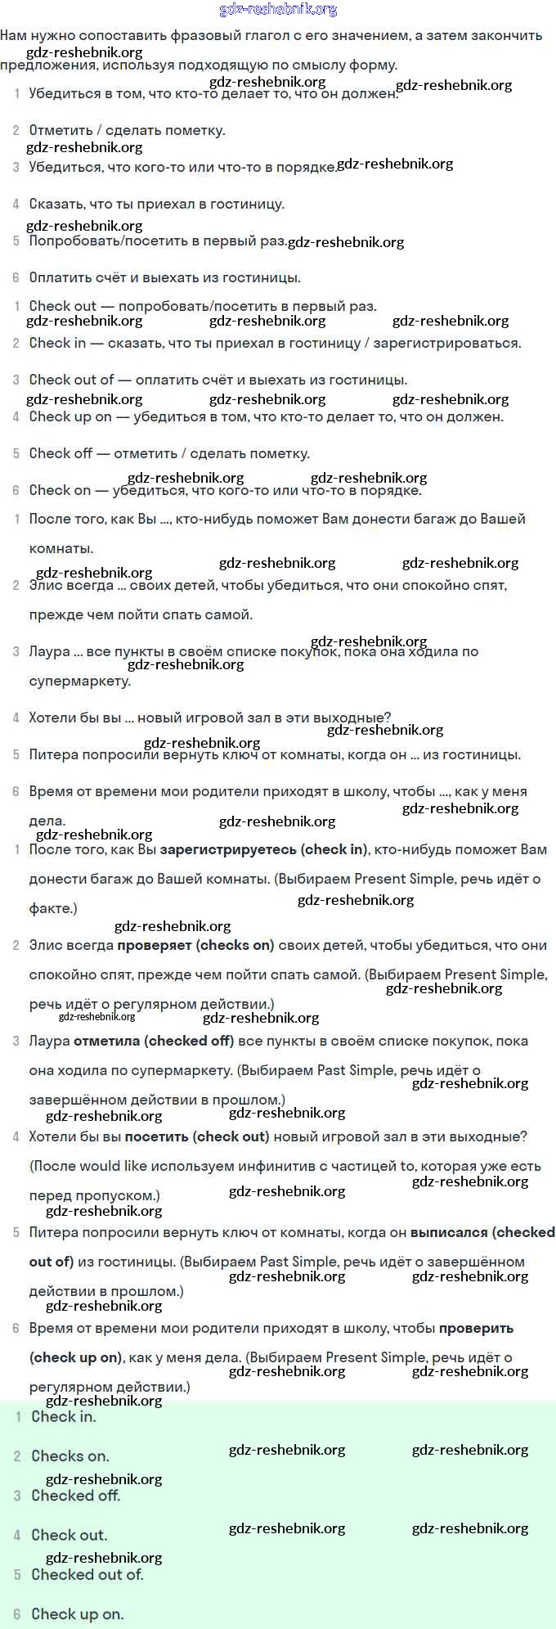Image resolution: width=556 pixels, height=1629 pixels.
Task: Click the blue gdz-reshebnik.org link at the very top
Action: (278, 10)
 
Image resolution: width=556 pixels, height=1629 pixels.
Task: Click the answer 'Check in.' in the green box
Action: (63, 1416)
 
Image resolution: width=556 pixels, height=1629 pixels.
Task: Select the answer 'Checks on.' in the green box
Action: (69, 1456)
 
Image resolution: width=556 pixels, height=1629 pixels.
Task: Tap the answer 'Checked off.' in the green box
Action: (75, 1495)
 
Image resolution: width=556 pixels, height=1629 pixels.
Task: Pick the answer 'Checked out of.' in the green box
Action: (87, 1573)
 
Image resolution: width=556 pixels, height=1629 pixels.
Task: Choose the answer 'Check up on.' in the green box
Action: (77, 1613)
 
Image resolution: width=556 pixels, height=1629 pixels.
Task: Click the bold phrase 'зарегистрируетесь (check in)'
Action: (264, 849)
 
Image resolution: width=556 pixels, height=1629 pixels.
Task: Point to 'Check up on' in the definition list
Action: (69, 416)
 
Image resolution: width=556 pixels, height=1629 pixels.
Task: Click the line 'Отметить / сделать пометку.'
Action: (127, 130)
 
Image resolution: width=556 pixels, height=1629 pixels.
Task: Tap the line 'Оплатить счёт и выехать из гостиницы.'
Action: (164, 277)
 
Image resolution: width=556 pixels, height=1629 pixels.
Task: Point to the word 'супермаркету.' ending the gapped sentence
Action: (79, 681)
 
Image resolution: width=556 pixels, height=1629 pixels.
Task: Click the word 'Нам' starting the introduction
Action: (14, 35)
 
